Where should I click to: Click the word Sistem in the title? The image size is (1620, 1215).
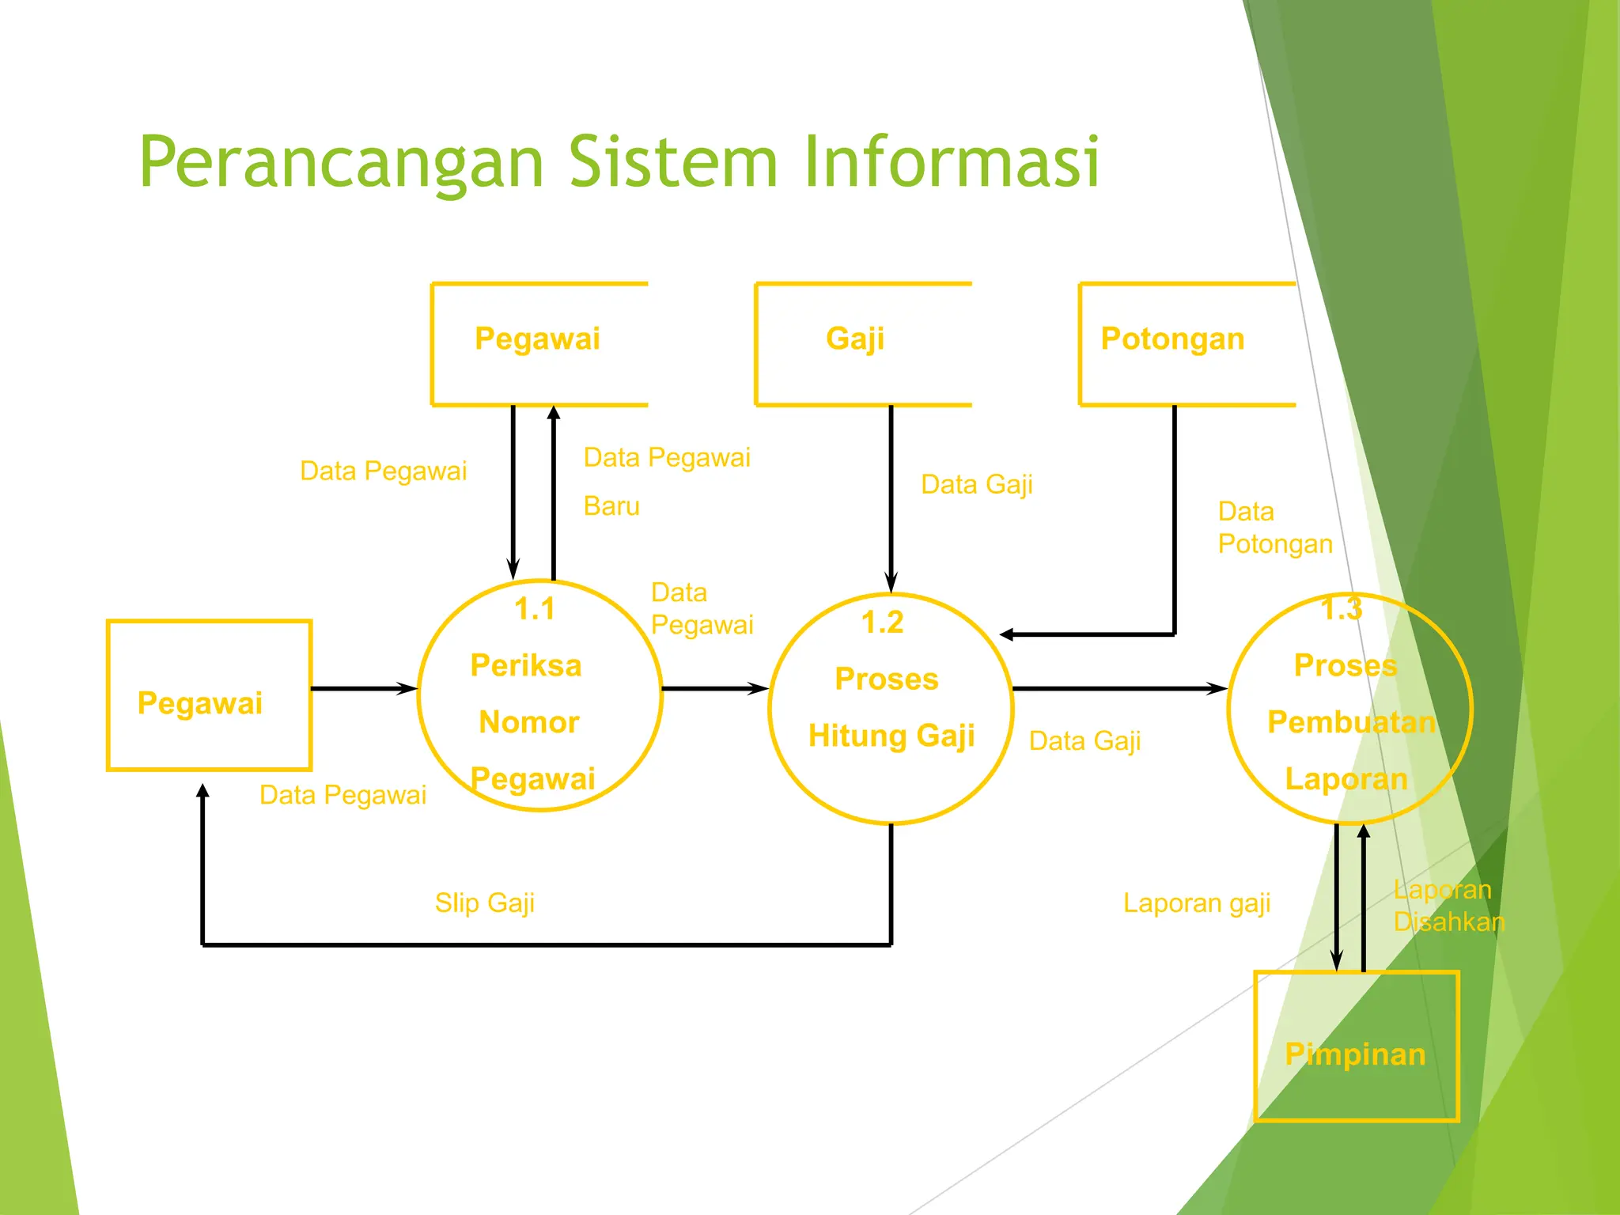click(x=674, y=162)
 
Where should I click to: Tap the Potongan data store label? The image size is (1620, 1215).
click(x=1172, y=339)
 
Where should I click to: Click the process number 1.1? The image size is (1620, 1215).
click(x=535, y=609)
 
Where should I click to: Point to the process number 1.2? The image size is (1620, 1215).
click(x=882, y=623)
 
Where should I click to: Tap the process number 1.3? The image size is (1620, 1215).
click(x=1342, y=609)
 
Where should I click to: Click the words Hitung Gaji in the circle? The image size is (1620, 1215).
click(x=891, y=736)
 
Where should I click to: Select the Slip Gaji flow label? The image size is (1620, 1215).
click(x=484, y=903)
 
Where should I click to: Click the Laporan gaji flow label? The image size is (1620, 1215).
click(x=1196, y=903)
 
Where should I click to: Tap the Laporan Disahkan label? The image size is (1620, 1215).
click(x=1448, y=906)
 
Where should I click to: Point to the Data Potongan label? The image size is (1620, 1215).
click(x=1274, y=528)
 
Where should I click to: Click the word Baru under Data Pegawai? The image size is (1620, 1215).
click(x=611, y=506)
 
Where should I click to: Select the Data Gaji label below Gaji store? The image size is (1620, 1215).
click(x=977, y=484)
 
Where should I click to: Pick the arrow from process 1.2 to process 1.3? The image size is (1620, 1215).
click(x=1119, y=689)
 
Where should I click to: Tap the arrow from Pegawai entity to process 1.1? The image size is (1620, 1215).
click(x=364, y=689)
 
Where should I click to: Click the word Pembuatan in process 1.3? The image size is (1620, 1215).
click(x=1351, y=722)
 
